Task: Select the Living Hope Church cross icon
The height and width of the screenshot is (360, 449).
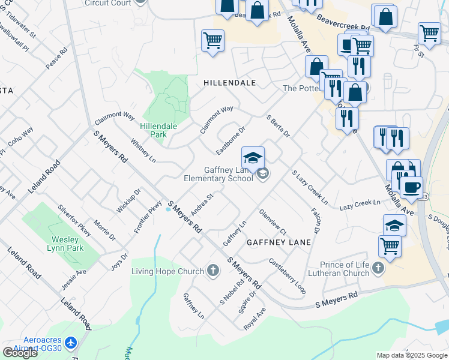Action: click(212, 271)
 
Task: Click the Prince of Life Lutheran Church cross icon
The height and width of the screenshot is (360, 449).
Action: click(378, 268)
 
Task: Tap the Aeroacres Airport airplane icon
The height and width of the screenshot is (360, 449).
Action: click(71, 342)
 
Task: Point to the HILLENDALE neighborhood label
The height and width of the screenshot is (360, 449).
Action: click(229, 83)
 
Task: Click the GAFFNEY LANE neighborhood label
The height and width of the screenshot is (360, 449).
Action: click(279, 242)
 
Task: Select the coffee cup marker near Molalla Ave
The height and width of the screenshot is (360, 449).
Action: click(411, 187)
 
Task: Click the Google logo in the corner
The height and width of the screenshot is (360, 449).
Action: click(20, 352)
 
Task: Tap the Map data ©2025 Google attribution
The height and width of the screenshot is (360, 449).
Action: click(411, 355)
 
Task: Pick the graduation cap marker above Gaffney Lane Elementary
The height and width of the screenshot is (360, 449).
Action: click(253, 157)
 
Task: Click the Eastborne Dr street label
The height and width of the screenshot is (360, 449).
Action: click(231, 139)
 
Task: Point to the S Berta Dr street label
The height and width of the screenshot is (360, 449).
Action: click(278, 125)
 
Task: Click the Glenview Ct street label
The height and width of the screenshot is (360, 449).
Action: click(273, 220)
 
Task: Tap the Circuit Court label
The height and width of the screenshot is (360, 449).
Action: click(108, 2)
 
